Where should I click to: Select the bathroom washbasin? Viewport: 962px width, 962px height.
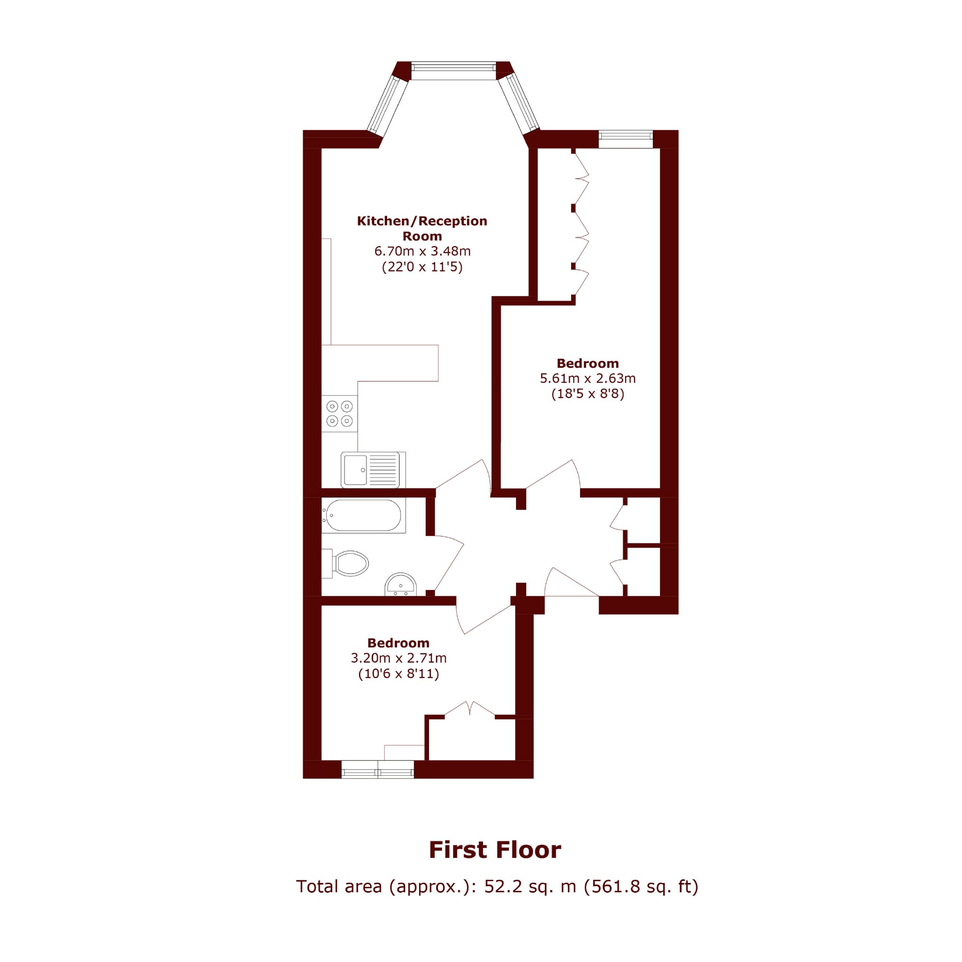400,585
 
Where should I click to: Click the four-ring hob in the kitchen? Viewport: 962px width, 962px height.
340,413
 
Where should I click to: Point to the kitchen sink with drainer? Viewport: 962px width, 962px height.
373,469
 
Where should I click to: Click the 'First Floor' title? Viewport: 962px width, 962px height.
495,850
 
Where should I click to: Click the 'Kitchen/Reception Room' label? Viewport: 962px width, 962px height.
422,228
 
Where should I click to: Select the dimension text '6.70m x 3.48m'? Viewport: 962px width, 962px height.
422,251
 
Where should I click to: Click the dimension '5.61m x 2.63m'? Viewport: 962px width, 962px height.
588,379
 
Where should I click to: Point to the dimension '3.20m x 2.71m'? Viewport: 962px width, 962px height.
399,658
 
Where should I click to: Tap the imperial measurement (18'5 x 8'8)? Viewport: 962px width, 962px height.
588,394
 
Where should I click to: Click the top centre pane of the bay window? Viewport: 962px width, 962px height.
454,71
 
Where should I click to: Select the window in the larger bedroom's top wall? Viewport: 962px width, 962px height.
625,139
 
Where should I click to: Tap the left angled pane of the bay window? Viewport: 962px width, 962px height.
388,105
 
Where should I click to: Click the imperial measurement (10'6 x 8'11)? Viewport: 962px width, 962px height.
399,674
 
